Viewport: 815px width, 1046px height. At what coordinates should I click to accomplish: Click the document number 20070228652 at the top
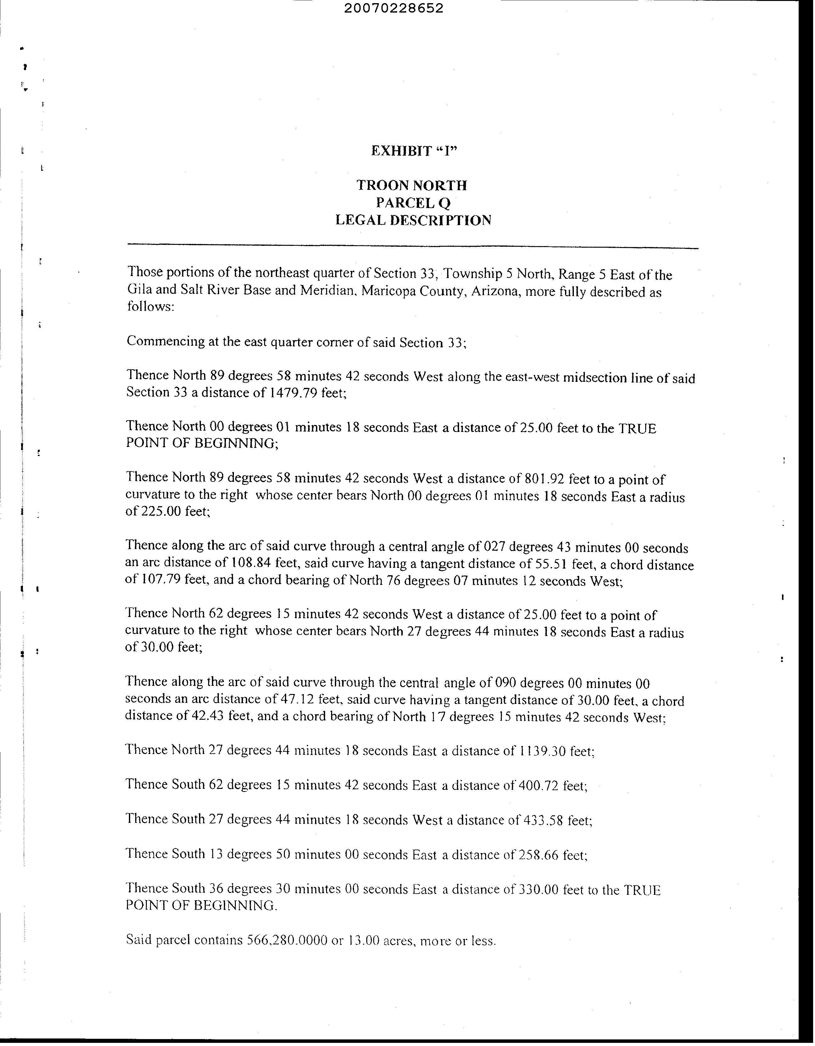pyautogui.click(x=393, y=8)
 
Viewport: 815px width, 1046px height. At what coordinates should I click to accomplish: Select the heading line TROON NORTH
pyautogui.click(x=412, y=185)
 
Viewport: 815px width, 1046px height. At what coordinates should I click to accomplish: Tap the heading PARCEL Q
pyautogui.click(x=413, y=203)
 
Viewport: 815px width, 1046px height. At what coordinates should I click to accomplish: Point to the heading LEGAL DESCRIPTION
pyautogui.click(x=413, y=220)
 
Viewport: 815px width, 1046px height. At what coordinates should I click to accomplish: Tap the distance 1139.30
pyautogui.click(x=542, y=751)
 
